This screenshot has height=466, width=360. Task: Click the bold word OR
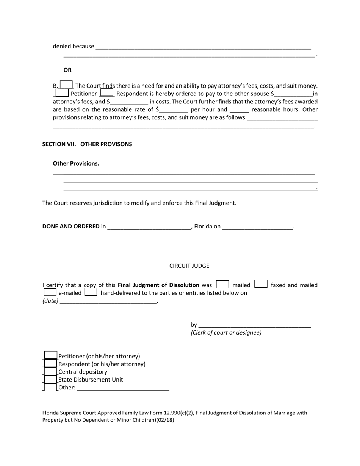tap(67, 70)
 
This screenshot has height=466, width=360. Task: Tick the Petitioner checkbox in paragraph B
tap(62, 93)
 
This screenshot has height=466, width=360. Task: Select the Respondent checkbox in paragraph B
tap(107, 93)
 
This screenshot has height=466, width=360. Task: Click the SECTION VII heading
tap(87, 144)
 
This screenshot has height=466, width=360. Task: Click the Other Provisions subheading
tap(76, 164)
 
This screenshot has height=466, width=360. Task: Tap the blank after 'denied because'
tap(203, 47)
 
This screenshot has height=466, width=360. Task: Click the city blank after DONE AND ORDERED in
tap(149, 227)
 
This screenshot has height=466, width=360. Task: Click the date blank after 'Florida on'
tap(257, 227)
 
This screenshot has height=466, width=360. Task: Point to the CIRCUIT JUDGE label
tap(189, 266)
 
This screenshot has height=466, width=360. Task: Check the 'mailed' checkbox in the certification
tap(222, 285)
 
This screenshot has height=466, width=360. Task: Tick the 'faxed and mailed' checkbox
tap(261, 285)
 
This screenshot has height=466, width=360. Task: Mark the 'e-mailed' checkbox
tap(50, 292)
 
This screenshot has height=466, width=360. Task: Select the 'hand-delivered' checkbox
tap(91, 292)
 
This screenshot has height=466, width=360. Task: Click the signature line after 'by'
tap(254, 325)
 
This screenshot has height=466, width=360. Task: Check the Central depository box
tap(50, 372)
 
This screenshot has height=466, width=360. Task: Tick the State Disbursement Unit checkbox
tap(50, 379)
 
